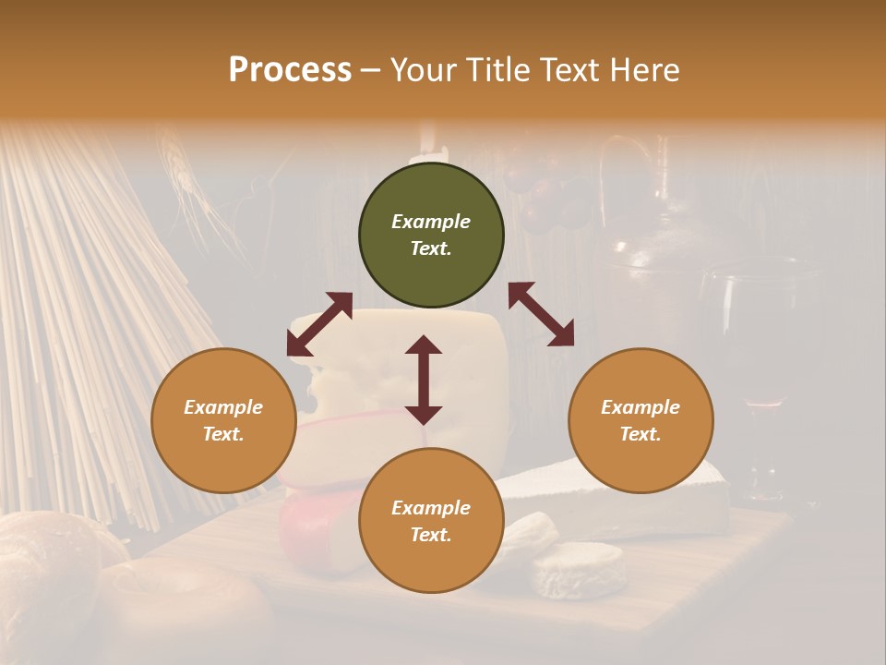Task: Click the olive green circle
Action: coord(431,235)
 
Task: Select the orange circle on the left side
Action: coord(223,420)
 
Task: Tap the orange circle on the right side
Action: coord(641,420)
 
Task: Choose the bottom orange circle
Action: coord(431,521)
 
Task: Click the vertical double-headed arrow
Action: coord(424,380)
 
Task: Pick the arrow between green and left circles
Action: coord(319,324)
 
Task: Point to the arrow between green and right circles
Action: coord(541,314)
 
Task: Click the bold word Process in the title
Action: coord(290,69)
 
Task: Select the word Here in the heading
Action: coord(645,69)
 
